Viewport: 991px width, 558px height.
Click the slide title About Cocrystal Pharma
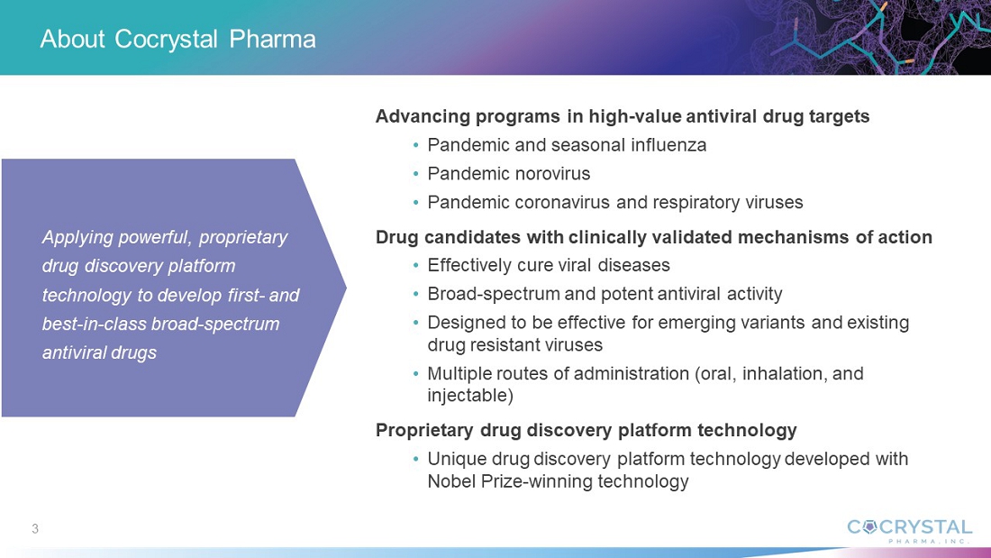pos(177,40)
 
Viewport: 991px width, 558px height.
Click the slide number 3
pos(35,529)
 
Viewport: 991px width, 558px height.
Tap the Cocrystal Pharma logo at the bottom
pos(909,531)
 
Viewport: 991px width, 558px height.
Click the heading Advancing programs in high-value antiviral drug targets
pos(623,116)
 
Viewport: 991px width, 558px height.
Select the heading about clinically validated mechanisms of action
pos(653,236)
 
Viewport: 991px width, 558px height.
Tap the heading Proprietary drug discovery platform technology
pos(586,430)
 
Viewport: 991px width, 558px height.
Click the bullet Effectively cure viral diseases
pos(549,264)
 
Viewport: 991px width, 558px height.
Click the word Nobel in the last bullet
pos(451,481)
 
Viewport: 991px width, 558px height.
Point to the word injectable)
pos(470,396)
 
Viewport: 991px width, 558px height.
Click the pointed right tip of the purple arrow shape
pos(345,288)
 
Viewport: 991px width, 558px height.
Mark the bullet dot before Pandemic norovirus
pos(416,174)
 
